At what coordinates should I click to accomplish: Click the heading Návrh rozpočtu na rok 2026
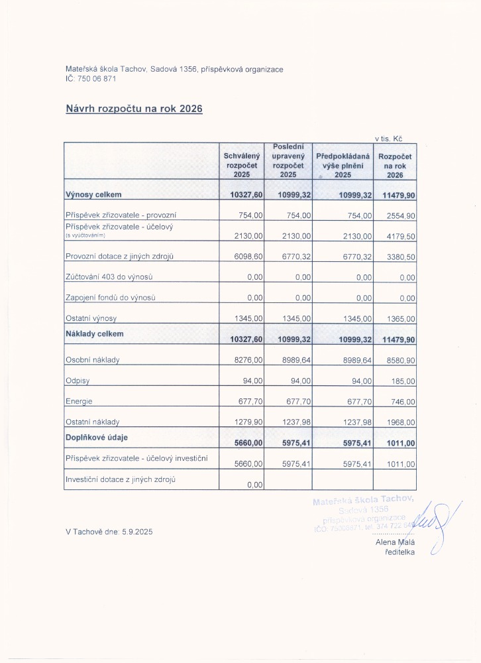[133, 108]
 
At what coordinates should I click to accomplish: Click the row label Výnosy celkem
[94, 195]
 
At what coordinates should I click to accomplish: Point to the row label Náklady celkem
[95, 333]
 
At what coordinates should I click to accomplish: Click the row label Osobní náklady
[92, 360]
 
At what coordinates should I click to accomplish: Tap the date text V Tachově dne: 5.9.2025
[109, 532]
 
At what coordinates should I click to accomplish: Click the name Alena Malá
[394, 542]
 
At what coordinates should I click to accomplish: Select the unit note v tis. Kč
[389, 139]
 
